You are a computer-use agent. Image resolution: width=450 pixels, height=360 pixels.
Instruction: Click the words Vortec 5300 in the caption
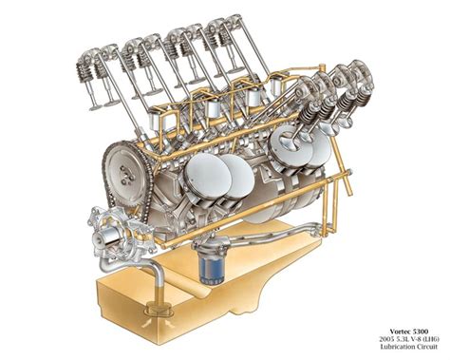409,332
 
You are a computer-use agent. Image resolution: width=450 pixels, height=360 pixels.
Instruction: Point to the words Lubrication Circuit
409,347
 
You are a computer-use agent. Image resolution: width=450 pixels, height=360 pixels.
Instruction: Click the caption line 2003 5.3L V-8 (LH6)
409,339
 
